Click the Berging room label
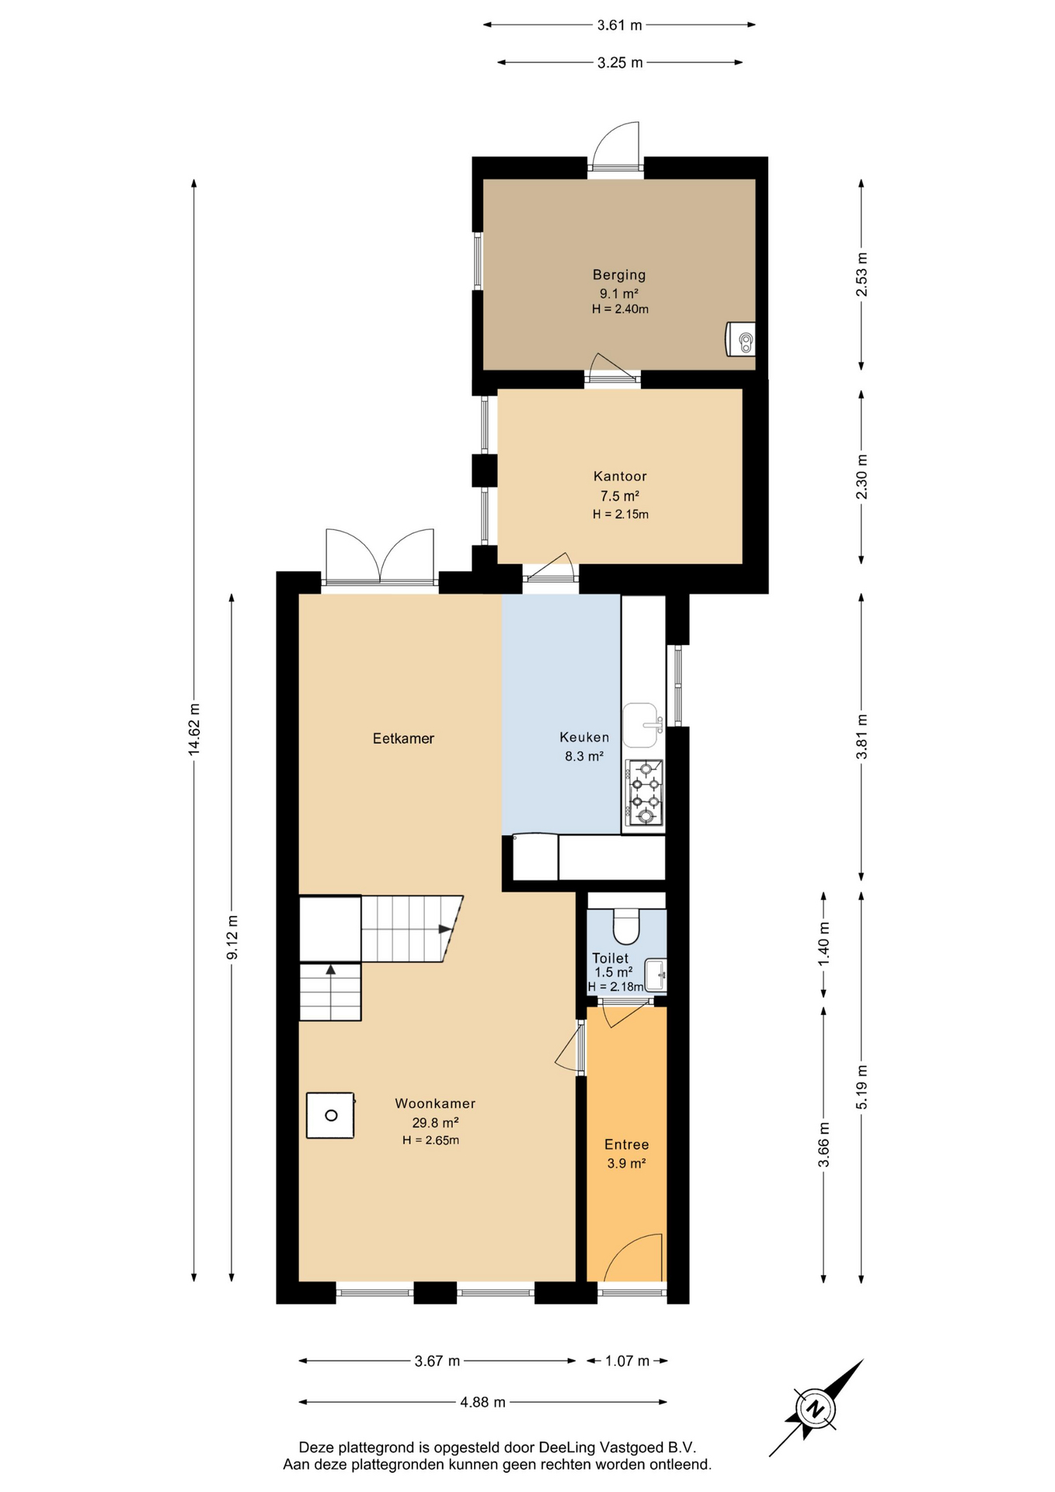coord(619,274)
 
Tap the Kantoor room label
coord(620,476)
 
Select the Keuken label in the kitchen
coord(584,737)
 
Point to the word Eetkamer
coord(403,738)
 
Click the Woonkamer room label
coord(435,1103)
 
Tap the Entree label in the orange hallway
coord(627,1145)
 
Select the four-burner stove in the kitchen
coord(643,793)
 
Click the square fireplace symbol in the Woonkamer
coord(331,1116)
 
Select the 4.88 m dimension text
coord(482,1402)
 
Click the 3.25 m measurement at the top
coord(620,63)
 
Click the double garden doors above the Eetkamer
coord(380,556)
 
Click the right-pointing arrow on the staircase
coord(446,929)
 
